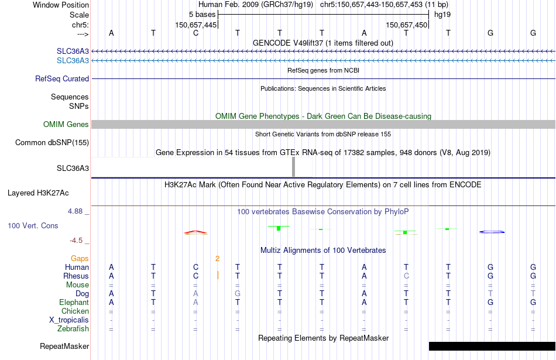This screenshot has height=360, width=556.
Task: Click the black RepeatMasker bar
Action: [492, 346]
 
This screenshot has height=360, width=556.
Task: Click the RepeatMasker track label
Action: [64, 347]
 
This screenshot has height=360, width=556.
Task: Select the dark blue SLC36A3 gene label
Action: [73, 52]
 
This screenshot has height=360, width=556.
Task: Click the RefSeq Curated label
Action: [62, 78]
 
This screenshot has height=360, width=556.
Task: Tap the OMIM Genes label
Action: [66, 124]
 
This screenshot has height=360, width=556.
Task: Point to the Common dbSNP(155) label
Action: [52, 142]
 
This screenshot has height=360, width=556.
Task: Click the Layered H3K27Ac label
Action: [38, 193]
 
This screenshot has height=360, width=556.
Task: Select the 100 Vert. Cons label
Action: [33, 225]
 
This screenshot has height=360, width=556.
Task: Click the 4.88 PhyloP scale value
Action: [76, 211]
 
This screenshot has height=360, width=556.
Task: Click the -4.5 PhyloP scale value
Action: [75, 240]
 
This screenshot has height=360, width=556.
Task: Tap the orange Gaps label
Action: [80, 258]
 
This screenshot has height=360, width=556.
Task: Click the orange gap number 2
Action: [217, 258]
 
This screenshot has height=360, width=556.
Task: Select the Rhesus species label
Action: [76, 276]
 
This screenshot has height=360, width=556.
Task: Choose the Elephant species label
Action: [74, 303]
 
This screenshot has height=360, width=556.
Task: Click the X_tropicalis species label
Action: [69, 320]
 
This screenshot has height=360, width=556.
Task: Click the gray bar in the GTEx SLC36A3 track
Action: [293, 167]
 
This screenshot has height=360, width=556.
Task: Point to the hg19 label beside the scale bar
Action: [442, 14]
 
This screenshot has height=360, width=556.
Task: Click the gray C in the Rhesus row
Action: [406, 276]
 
